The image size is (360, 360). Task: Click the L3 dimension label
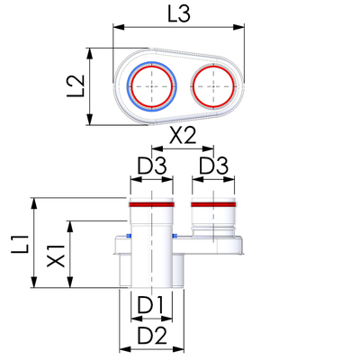point(179,14)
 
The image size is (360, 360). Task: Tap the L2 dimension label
point(75,85)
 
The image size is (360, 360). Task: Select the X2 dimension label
point(183,136)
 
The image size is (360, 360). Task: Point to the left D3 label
point(151,166)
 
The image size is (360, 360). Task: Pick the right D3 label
point(214,166)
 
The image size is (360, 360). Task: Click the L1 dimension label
point(20,244)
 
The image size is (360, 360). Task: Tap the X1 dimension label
point(56,256)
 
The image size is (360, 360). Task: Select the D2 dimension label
point(152,336)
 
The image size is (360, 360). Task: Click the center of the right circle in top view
point(213,86)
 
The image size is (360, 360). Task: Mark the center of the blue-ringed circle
point(152,86)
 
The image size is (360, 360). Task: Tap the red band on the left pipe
point(151,204)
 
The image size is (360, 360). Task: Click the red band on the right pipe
point(213,204)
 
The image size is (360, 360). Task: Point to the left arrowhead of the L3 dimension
point(118,27)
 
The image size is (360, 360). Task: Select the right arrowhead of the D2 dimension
point(178,349)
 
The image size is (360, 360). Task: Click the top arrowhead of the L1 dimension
point(34,203)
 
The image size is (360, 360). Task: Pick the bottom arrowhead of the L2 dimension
point(90,119)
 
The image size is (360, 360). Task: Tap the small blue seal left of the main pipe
point(129,236)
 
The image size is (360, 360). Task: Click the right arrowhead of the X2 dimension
point(208,148)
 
